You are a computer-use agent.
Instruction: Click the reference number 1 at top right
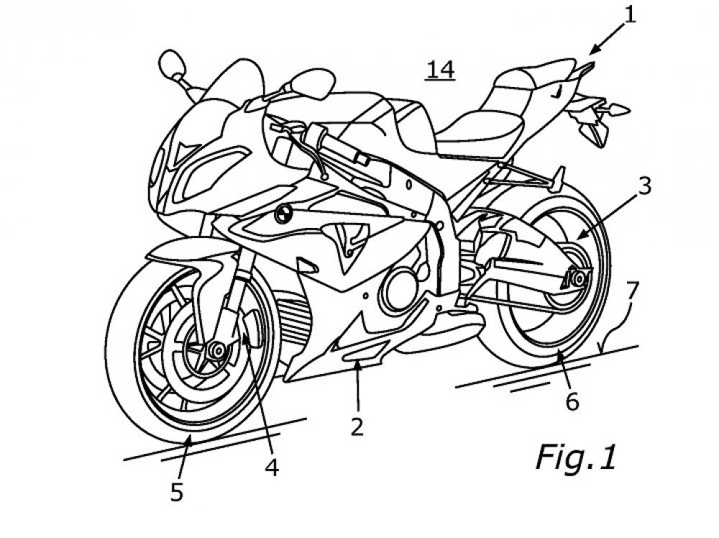coord(630,14)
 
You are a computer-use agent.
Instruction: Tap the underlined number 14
coord(440,70)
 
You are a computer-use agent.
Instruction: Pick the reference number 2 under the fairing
coord(357,426)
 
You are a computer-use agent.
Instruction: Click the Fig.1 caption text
coord(575,457)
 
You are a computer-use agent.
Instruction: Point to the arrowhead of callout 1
coord(592,51)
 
